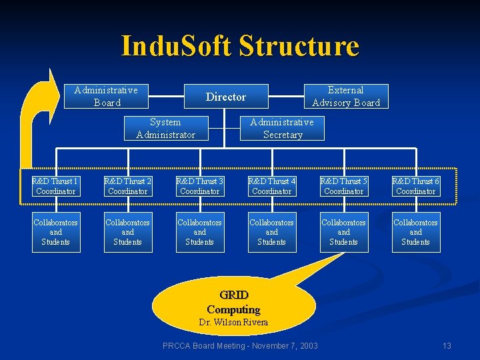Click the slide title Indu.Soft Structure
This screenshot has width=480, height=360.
[240, 46]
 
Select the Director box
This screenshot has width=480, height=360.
[226, 97]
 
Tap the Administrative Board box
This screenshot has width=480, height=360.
[106, 96]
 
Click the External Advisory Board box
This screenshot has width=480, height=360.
[346, 96]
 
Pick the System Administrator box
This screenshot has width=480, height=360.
[165, 128]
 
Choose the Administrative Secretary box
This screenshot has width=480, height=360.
[282, 128]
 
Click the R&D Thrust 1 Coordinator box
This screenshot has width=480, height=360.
[55, 186]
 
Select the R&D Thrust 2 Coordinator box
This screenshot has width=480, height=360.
[127, 186]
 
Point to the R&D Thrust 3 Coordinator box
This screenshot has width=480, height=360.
[199, 186]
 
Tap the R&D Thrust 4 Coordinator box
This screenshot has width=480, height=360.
[271, 186]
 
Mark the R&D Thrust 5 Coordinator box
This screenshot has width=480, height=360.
[343, 186]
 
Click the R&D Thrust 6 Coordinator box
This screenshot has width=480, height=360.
[415, 186]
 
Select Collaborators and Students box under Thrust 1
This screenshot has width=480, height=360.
[55, 232]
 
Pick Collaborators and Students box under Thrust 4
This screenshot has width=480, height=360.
[271, 232]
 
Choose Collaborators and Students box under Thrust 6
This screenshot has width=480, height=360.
[415, 232]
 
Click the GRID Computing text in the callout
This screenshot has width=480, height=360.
[233, 302]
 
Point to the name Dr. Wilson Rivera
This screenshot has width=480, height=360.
[233, 323]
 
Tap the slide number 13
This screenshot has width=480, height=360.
[447, 345]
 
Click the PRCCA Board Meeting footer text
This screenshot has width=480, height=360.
[240, 345]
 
